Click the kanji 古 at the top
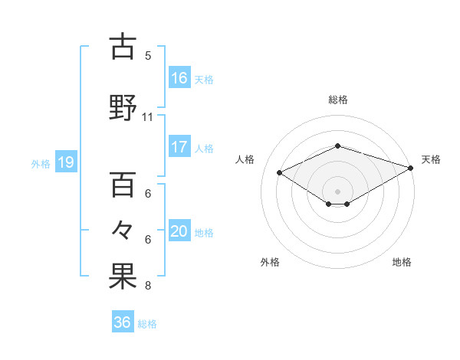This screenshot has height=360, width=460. pyautogui.click(x=123, y=47)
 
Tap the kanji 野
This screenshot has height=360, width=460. pyautogui.click(x=123, y=107)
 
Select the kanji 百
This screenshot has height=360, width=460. pyautogui.click(x=123, y=185)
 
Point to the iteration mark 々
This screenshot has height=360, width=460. pyautogui.click(x=123, y=230)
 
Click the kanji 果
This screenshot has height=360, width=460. pyautogui.click(x=123, y=277)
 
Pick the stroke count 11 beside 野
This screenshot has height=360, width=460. pyautogui.click(x=148, y=117)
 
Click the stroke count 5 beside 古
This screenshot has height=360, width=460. pyautogui.click(x=148, y=55)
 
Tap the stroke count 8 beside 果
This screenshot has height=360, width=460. pyautogui.click(x=148, y=286)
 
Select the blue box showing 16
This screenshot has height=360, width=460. pyautogui.click(x=179, y=77)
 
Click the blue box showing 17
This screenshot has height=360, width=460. pyautogui.click(x=179, y=147)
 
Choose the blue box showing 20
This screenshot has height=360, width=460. pyautogui.click(x=179, y=231)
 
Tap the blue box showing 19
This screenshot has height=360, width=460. pyautogui.click(x=66, y=162)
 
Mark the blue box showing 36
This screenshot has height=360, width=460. pyautogui.click(x=123, y=322)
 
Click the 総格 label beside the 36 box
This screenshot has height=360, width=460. pyautogui.click(x=147, y=324)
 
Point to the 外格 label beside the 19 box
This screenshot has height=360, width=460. pyautogui.click(x=41, y=163)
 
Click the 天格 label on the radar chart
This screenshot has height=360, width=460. pyautogui.click(x=431, y=159)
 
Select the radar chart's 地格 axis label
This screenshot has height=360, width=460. pyautogui.click(x=402, y=262)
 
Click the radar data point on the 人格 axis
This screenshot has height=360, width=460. pyautogui.click(x=280, y=172)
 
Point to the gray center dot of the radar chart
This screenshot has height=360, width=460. pyautogui.click(x=337, y=191)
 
